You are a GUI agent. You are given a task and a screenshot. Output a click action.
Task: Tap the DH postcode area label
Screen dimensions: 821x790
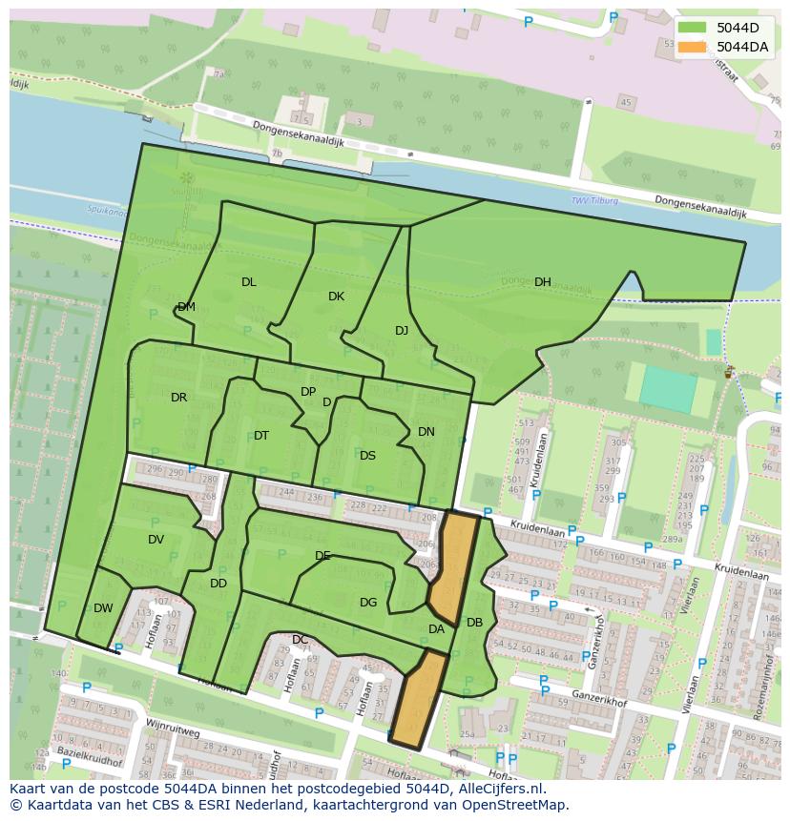pos(542,282)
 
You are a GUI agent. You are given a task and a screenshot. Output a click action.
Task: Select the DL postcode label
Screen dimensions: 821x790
pos(248,282)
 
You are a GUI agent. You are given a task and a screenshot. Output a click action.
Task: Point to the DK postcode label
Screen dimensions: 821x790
pos(336,297)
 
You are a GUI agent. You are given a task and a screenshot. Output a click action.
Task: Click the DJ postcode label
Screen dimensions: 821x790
pos(402,331)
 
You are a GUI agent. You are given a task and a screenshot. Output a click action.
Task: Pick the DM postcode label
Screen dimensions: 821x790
pos(186,307)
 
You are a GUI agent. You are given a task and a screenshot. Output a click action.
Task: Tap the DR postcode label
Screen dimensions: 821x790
pos(178,398)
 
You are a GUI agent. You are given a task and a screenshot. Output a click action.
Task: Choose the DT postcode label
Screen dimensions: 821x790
pos(260,436)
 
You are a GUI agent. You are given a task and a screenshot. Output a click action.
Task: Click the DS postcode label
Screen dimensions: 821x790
pos(367,456)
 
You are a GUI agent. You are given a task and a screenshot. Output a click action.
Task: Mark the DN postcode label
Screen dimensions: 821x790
pos(426,432)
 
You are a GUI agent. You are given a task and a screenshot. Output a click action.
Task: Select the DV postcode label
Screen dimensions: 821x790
pos(156,540)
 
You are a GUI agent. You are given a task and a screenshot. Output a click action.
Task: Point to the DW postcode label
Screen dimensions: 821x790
pos(103,608)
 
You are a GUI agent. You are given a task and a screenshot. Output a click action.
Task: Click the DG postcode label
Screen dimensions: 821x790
pos(368,603)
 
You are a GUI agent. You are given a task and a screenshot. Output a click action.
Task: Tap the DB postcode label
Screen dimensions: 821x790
pos(474,623)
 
